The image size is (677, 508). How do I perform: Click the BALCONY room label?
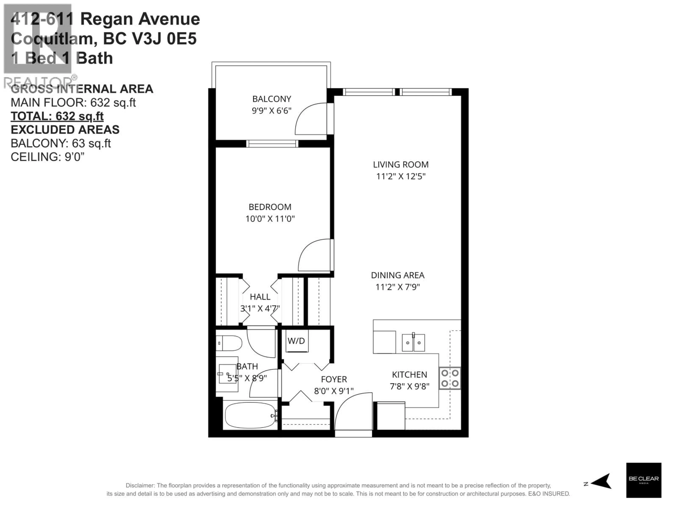click(272, 99)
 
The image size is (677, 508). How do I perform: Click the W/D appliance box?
click(296, 341)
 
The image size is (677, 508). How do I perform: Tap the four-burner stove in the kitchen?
click(450, 378)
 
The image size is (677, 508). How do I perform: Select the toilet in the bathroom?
click(230, 343)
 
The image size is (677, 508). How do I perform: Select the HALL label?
click(260, 297)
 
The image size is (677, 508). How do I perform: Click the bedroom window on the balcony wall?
click(272, 144)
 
